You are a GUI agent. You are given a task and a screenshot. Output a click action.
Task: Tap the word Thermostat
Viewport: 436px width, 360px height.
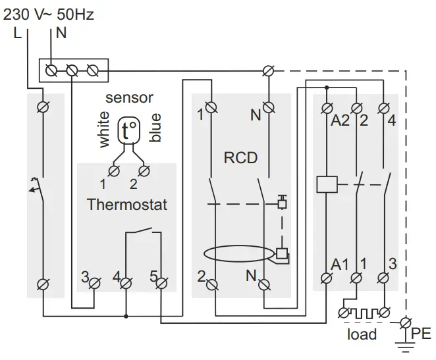[127, 205]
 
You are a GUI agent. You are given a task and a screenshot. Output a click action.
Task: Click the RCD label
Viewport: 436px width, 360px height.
[240, 158]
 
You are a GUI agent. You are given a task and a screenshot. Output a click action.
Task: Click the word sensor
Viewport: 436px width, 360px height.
[129, 98]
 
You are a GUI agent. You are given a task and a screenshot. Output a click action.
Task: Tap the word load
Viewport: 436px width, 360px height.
[362, 334]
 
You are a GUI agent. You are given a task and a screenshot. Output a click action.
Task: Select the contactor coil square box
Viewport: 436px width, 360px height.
[327, 184]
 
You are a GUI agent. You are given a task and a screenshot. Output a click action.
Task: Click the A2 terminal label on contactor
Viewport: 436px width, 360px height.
[340, 120]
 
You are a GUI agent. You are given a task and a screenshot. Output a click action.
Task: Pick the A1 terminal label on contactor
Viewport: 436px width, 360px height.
[340, 265]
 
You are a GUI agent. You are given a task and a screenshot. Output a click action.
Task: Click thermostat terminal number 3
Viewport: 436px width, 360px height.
[85, 277]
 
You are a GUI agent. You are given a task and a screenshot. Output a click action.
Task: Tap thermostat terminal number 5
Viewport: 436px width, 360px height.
[153, 277]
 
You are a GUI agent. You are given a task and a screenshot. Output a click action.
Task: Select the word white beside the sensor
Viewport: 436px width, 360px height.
[104, 129]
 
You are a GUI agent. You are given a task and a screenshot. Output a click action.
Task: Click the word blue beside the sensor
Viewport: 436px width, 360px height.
[155, 128]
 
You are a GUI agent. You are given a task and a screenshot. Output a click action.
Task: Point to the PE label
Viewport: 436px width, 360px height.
[421, 334]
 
